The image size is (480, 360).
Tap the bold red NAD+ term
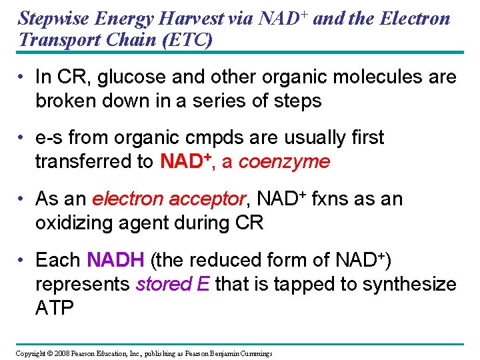(185, 161)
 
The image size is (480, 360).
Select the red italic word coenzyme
(284, 161)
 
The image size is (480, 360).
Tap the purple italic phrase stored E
(172, 283)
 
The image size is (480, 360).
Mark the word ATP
(54, 307)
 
